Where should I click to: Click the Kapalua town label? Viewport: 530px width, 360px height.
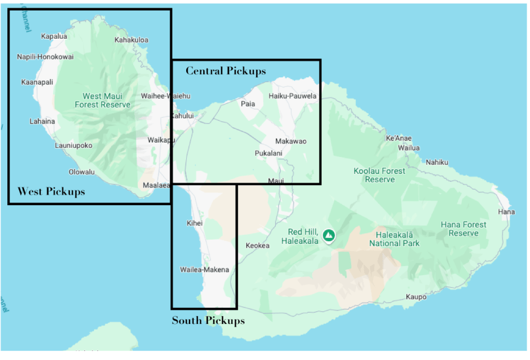(54, 37)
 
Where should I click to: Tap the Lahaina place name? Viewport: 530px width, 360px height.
(42, 121)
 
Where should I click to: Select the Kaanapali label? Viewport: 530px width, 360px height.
(37, 82)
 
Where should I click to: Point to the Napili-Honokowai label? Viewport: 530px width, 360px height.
(45, 57)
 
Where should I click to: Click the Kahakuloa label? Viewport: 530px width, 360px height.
(131, 40)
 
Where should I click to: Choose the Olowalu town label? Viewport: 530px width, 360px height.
(81, 172)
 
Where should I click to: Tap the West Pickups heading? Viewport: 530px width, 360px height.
(51, 191)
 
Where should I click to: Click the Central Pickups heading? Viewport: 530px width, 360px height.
(225, 71)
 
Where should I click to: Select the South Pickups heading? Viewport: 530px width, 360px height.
(208, 321)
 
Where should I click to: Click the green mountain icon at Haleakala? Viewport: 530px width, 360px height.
(329, 235)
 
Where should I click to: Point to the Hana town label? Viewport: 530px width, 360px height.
(506, 212)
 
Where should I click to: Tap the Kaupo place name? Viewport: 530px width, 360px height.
(416, 297)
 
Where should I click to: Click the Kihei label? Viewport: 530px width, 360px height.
(195, 223)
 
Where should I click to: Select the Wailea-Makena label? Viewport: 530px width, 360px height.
(204, 269)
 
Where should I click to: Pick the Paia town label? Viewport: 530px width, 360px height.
(248, 104)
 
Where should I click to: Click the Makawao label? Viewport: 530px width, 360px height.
(291, 141)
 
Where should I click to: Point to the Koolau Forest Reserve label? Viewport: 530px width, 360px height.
(379, 175)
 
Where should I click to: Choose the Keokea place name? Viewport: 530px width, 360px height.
(257, 245)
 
